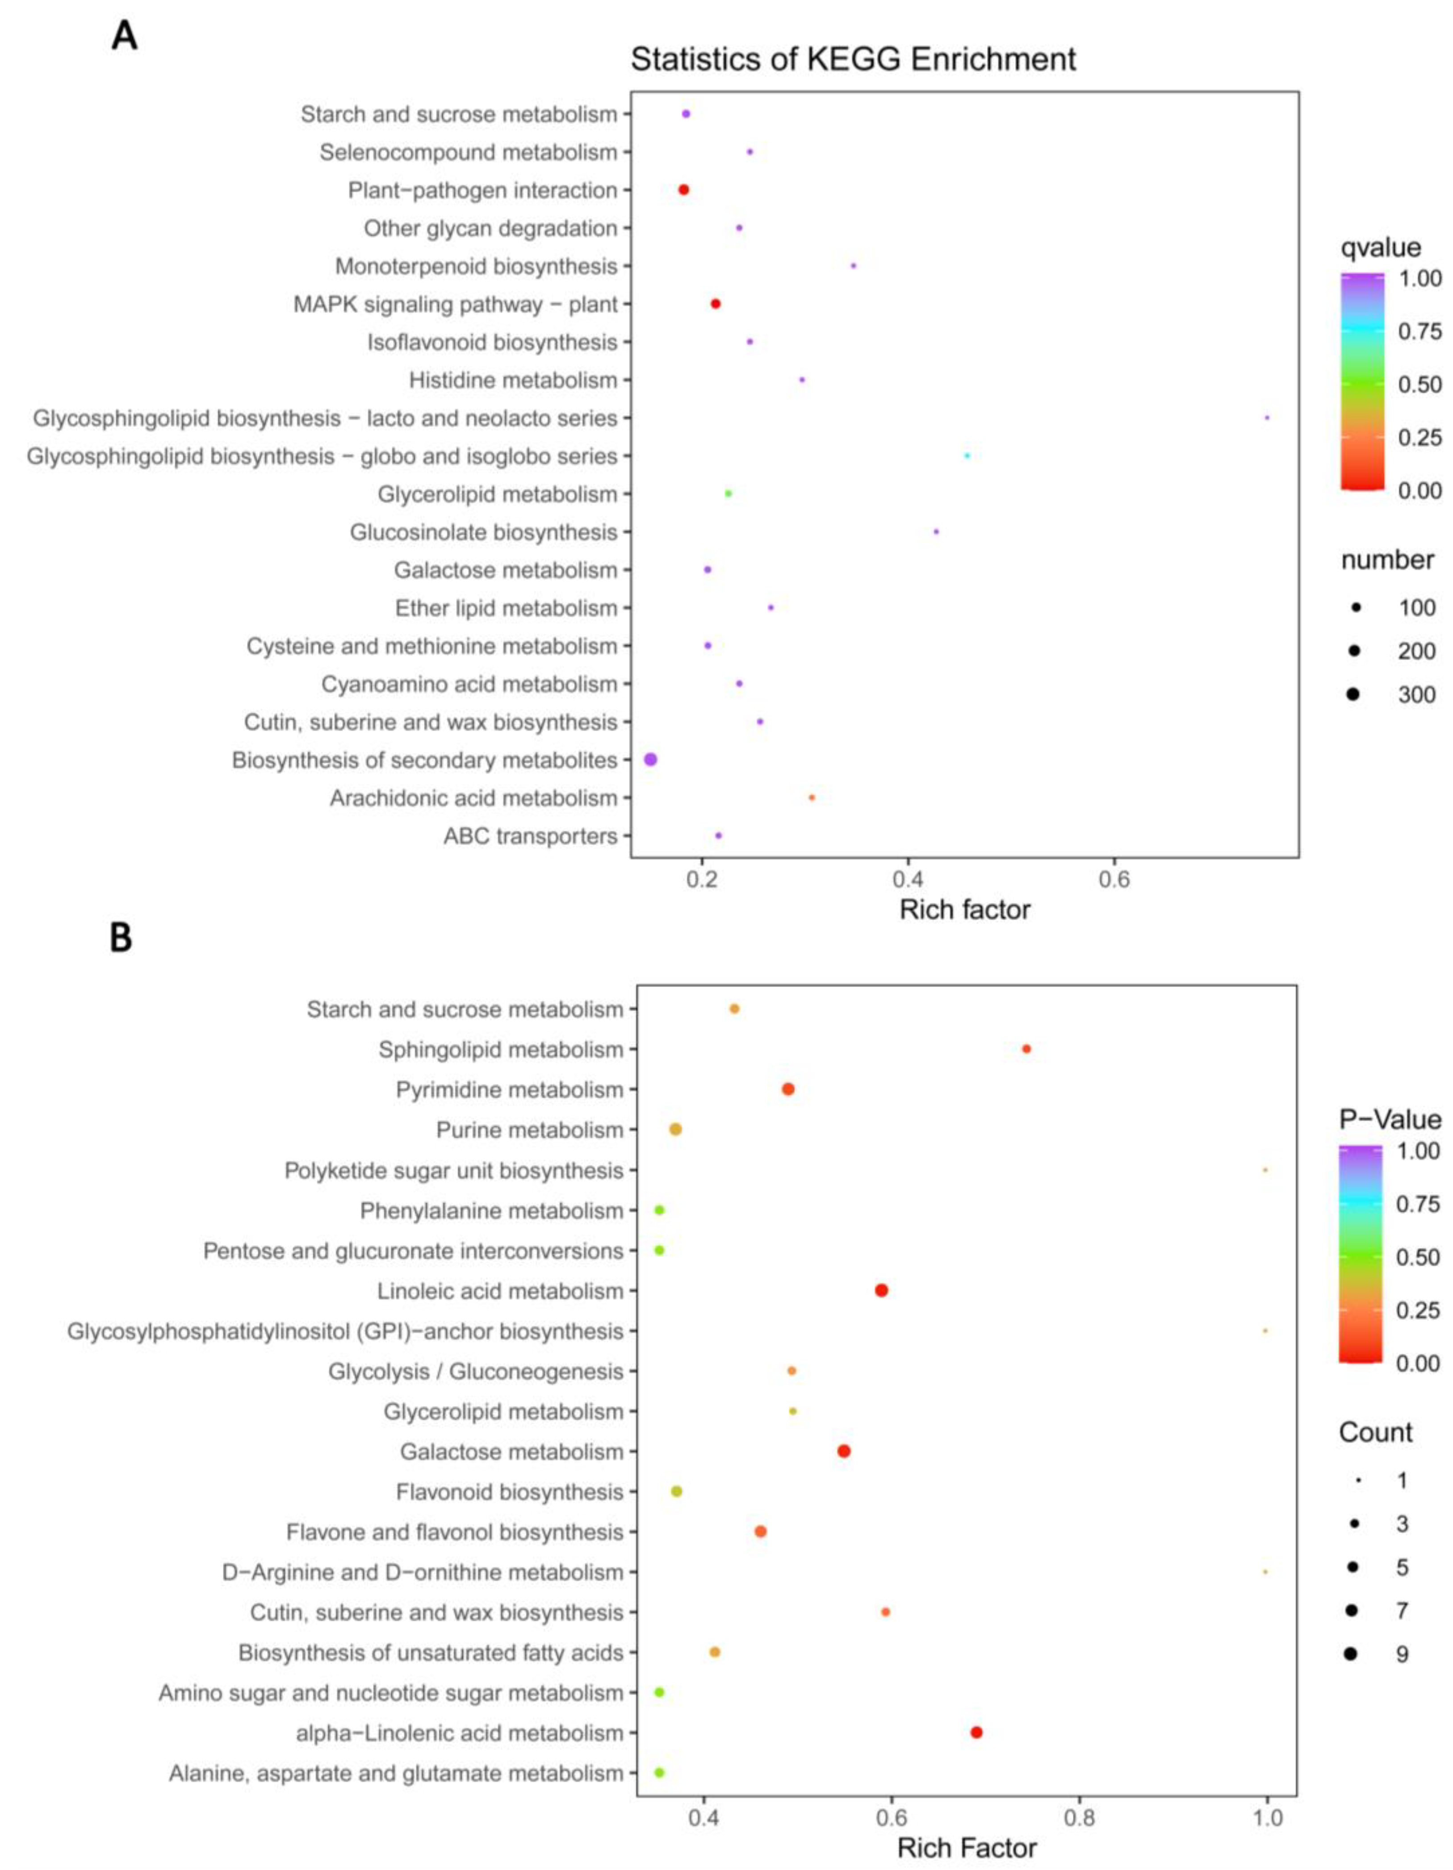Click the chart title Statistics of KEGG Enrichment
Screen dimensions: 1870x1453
pos(853,59)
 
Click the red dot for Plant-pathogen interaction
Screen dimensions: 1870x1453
pos(683,190)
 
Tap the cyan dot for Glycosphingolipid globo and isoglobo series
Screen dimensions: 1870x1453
pos(967,456)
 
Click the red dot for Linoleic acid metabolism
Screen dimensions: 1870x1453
pos(881,1290)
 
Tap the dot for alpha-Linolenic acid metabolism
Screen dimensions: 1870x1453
pos(976,1732)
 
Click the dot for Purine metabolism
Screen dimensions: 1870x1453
pos(675,1130)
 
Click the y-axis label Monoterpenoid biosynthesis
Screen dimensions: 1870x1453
pos(476,266)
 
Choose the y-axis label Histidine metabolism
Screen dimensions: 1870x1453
pos(513,380)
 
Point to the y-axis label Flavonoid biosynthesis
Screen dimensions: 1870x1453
pos(510,1493)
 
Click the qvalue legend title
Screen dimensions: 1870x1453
pos(1380,247)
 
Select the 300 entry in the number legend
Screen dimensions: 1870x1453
pos(1416,694)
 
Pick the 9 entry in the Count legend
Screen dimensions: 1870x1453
pos(1402,1654)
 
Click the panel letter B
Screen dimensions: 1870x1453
pos(121,938)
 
